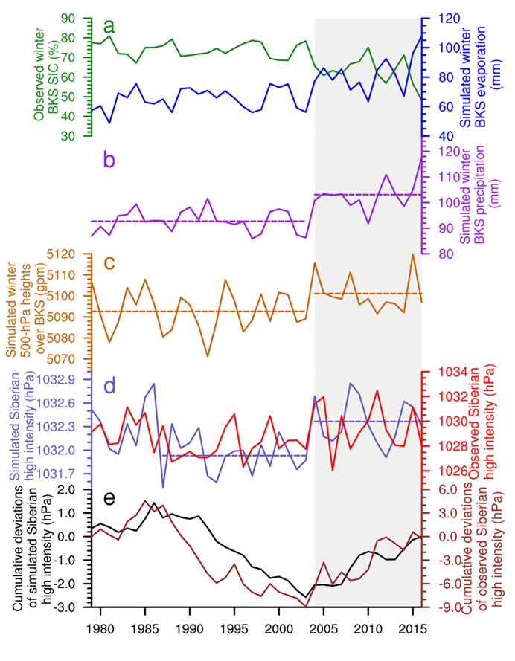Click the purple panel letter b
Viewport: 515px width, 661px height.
109,158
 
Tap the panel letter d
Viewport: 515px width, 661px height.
109,386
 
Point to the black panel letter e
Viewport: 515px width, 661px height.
109,497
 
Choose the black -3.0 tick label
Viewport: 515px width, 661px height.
65,607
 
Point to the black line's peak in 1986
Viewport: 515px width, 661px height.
154,503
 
